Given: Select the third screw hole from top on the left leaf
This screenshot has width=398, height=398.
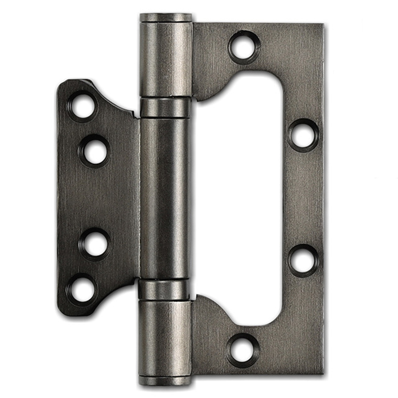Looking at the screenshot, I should (95, 244).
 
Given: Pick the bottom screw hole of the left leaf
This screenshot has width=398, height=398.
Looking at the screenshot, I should (82, 288).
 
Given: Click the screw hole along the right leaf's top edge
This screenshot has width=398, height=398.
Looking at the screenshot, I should (244, 46).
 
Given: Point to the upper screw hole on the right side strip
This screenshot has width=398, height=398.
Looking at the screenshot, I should (303, 134).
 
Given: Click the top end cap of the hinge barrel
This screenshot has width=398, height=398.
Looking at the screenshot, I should (166, 18).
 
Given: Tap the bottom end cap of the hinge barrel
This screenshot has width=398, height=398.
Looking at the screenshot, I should (166, 381).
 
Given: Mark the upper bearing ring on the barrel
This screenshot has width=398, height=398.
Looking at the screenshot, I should (165, 107).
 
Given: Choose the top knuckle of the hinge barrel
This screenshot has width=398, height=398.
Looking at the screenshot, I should (166, 60).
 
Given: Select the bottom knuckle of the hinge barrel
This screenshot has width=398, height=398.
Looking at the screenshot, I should (165, 338).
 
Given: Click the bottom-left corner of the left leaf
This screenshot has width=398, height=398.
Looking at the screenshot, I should (61, 311).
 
